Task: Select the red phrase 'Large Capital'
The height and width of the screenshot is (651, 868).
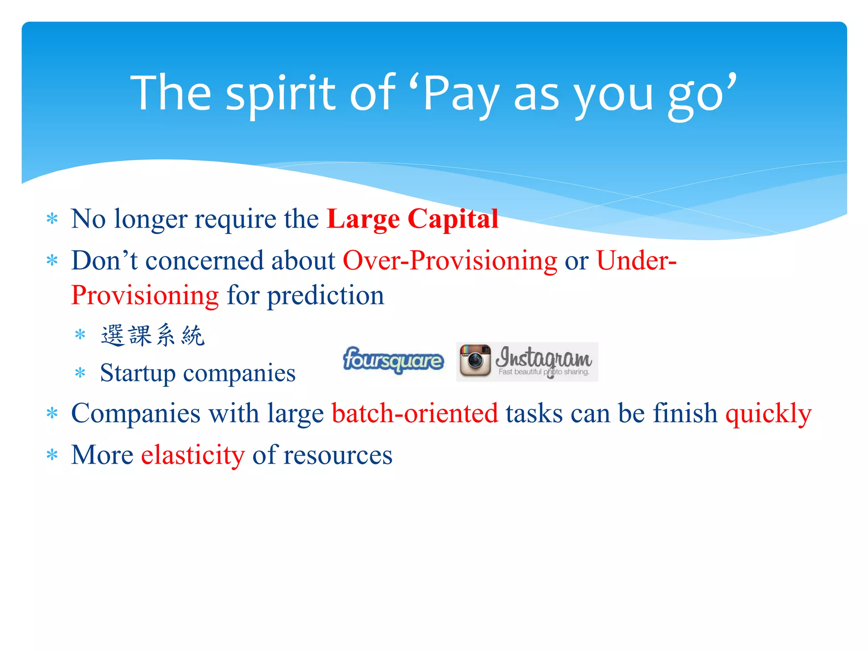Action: [412, 219]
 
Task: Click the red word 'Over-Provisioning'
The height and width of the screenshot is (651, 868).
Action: [450, 261]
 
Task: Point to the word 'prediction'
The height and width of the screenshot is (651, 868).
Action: [325, 295]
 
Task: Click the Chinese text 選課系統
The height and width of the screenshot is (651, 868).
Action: [153, 336]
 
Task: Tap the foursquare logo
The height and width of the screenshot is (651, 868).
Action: [393, 361]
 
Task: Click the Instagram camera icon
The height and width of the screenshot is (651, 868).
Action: [475, 361]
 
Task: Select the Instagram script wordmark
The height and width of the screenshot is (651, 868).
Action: [544, 357]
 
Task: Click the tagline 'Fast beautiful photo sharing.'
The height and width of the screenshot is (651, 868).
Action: [544, 372]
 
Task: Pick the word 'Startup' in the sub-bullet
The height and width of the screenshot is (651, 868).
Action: [138, 373]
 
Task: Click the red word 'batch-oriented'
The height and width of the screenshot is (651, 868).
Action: [415, 413]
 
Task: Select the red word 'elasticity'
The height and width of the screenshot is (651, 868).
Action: [193, 456]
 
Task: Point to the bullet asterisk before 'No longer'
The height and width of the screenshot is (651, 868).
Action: [52, 219]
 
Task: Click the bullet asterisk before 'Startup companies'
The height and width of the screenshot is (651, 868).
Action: [80, 373]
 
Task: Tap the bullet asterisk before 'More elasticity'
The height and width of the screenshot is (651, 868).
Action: [52, 456]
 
